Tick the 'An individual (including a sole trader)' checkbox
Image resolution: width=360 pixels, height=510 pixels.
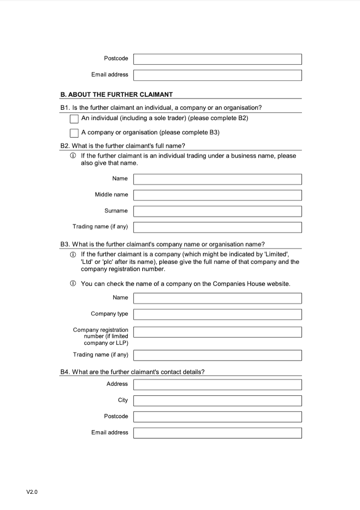(74, 119)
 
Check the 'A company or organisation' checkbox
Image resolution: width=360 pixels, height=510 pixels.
(74, 133)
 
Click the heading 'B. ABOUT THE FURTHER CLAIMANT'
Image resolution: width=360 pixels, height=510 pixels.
(116, 95)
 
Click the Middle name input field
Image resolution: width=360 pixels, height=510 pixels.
(217, 195)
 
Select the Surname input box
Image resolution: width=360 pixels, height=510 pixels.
(217, 211)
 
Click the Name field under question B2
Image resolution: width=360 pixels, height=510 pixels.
(217, 179)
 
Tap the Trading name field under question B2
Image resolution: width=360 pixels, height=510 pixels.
(217, 227)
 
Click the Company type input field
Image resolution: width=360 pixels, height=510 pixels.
(217, 314)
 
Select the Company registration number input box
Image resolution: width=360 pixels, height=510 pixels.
(217, 332)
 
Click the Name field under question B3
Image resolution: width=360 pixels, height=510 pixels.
(217, 298)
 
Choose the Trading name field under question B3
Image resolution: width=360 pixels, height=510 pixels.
(217, 355)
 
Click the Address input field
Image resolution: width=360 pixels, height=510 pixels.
(217, 384)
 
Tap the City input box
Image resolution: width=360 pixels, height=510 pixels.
(217, 401)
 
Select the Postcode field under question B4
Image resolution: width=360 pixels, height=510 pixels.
(217, 417)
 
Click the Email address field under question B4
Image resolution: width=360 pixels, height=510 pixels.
(217, 433)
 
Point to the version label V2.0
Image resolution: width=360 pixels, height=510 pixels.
(32, 492)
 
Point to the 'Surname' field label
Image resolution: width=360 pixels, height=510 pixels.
(116, 211)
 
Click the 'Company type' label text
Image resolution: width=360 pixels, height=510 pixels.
(109, 314)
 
